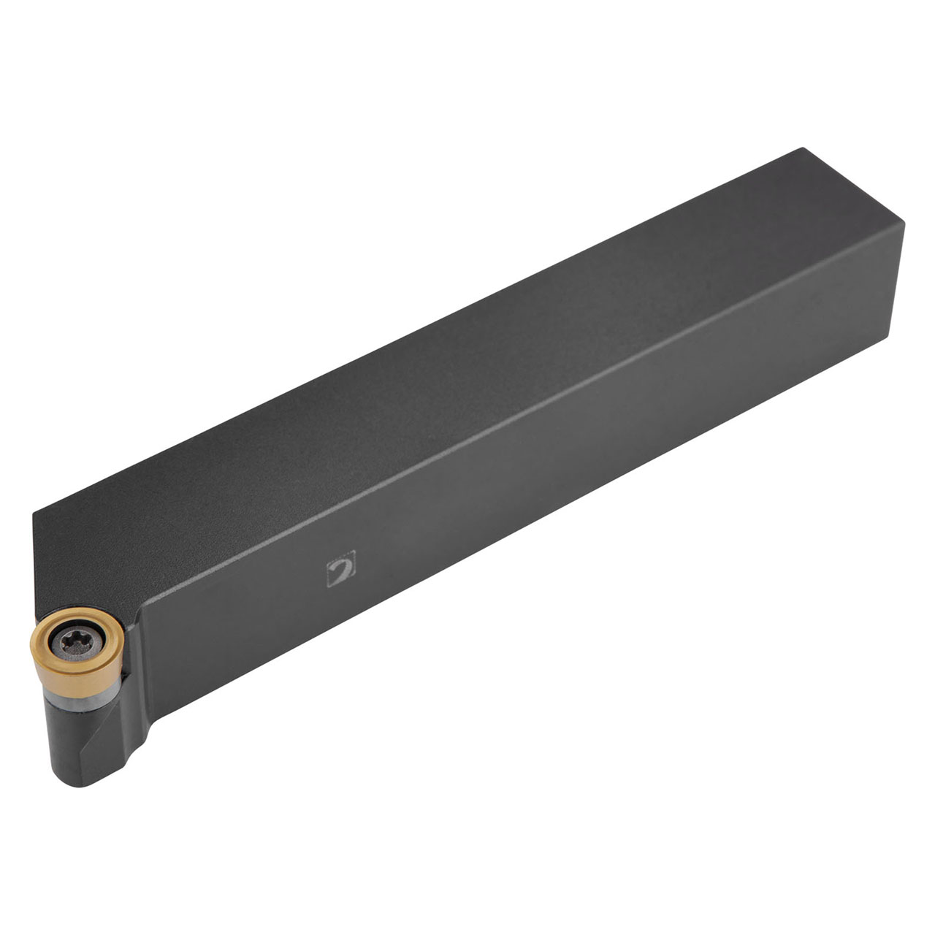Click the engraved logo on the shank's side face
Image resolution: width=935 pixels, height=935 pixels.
[x=340, y=568]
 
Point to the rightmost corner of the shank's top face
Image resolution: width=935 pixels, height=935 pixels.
[x=904, y=221]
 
